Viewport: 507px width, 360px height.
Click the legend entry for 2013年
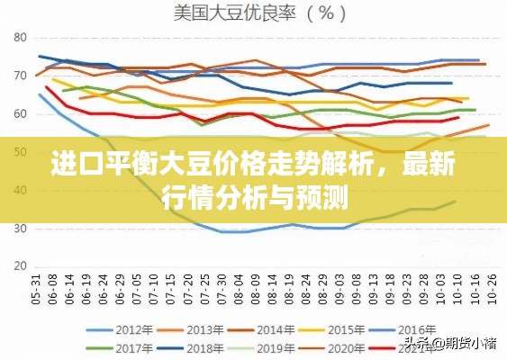[x=204, y=328]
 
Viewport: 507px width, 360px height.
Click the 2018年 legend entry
[x=204, y=347]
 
